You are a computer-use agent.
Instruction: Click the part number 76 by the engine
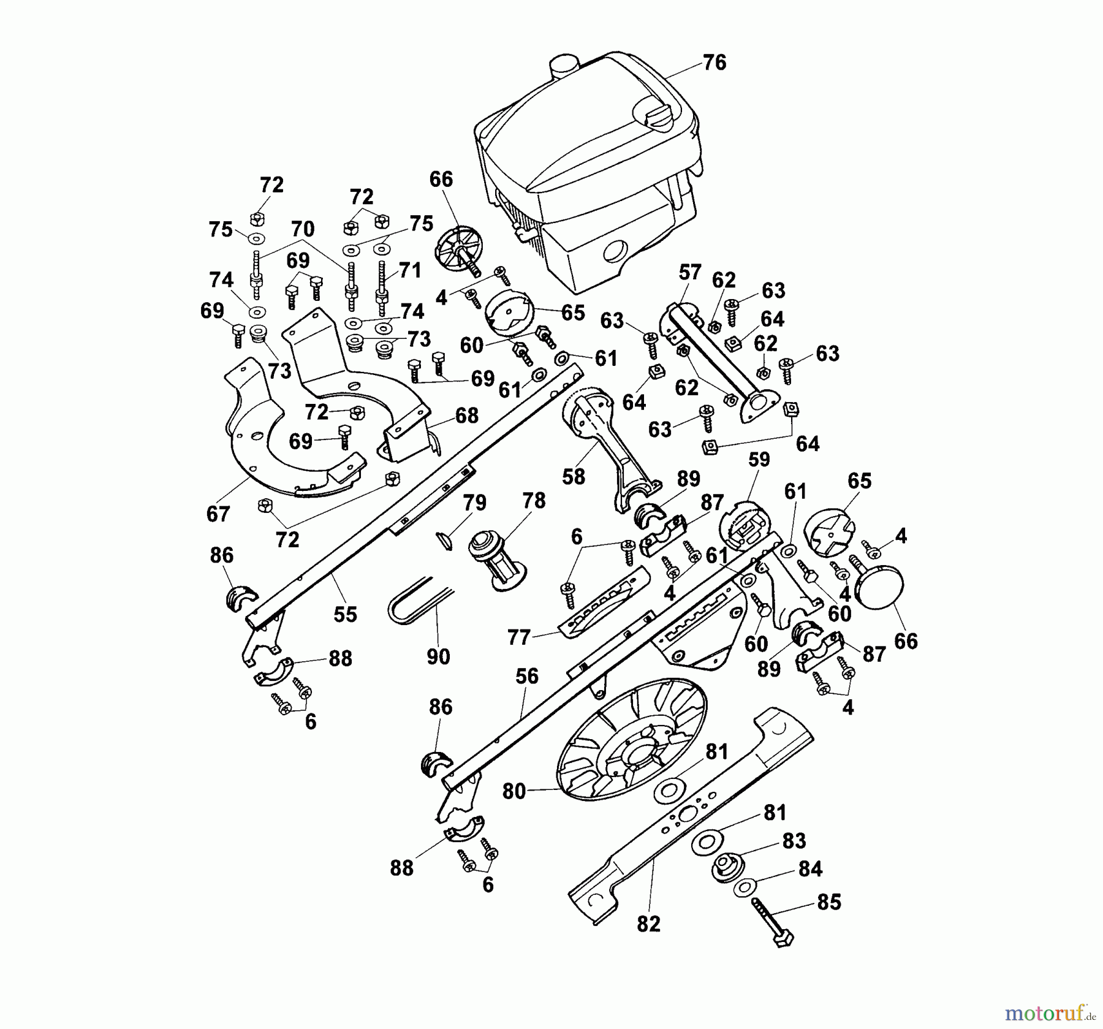714,63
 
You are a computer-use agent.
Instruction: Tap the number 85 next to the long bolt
830,902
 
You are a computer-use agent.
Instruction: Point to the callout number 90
438,656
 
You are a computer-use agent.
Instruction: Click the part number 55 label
346,615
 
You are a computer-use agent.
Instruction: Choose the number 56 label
527,677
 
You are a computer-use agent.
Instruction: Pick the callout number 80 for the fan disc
514,791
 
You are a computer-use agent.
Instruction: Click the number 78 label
534,501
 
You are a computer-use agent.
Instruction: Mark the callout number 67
218,514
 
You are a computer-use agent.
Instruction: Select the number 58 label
574,476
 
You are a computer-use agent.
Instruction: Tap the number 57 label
690,273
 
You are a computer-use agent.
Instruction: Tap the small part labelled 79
444,540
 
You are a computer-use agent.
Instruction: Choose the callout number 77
519,638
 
